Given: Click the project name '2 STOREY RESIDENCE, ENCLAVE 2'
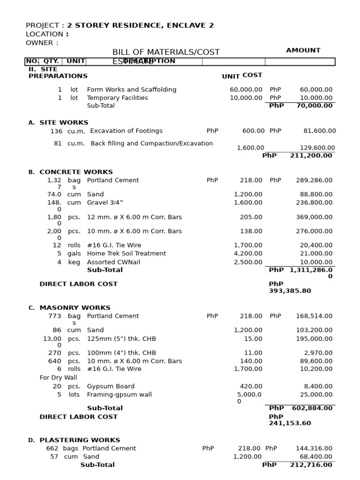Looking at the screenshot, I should click(x=140, y=25).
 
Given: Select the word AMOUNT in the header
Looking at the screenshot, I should click(x=303, y=50).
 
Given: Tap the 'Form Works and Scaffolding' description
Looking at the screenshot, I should click(x=132, y=90).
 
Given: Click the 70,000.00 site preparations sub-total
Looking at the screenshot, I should click(x=314, y=105).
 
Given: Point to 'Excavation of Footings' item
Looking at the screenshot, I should click(x=126, y=131).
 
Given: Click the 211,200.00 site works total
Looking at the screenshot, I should click(x=311, y=155).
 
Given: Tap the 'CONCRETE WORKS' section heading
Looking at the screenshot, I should click(x=76, y=172).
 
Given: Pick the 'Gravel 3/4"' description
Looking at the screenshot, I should click(x=105, y=202).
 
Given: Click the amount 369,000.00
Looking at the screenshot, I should click(x=314, y=217).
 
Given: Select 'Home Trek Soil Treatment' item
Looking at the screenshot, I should click(x=127, y=254).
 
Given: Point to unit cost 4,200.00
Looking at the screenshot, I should click(x=248, y=254).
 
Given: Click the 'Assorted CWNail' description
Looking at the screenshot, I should click(x=113, y=262).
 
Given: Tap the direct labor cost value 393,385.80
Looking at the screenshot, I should click(x=290, y=291).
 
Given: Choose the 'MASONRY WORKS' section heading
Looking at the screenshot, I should click(x=75, y=308).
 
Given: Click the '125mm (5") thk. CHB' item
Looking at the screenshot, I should click(x=121, y=338).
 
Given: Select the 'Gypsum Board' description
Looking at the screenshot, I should click(x=111, y=386).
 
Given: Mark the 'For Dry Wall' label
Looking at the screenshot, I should click(x=58, y=377).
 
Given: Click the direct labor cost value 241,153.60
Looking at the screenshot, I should click(x=290, y=423).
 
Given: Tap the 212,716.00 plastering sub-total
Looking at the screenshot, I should click(x=311, y=465).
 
